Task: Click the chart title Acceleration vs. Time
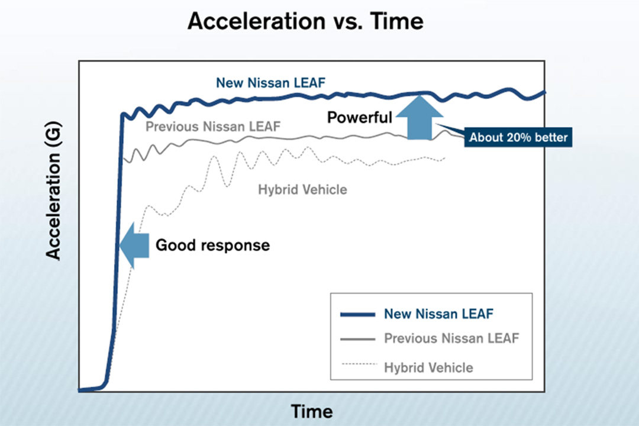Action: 305,21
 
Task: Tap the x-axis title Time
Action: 311,411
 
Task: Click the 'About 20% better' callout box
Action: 518,138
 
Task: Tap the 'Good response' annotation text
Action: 212,245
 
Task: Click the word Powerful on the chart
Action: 360,117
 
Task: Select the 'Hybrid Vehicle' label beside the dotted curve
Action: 302,190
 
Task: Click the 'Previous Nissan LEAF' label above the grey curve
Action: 213,126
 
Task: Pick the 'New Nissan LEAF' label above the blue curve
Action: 270,83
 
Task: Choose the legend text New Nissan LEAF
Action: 438,314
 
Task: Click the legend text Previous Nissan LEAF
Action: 451,338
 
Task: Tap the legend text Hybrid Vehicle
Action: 428,367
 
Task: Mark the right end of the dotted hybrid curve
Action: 444,158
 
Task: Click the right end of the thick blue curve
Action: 544,92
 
